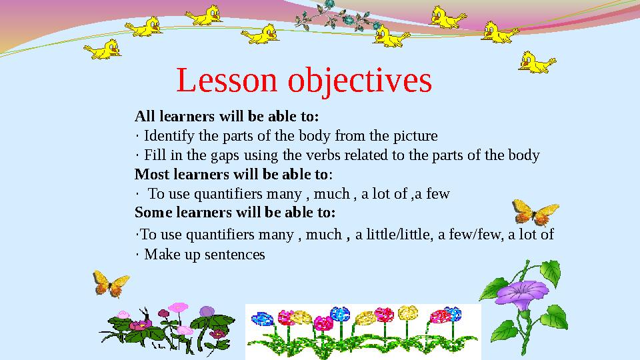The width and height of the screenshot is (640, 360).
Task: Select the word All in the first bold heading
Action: tap(145, 117)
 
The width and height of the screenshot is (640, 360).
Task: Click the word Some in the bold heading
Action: tap(151, 213)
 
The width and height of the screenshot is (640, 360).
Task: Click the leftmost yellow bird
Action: tap(103, 49)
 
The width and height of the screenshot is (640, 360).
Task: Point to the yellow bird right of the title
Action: tap(537, 61)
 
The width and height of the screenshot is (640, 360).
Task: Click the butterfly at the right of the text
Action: tap(535, 213)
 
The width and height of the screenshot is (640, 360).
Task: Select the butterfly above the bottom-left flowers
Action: tap(110, 283)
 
